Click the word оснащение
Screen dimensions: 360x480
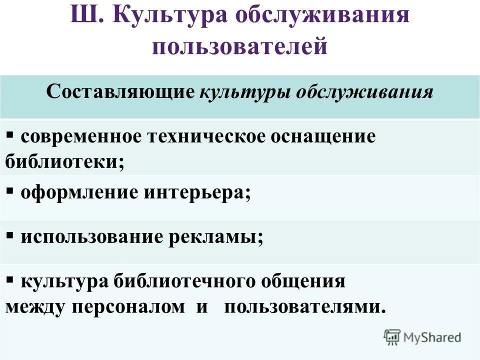(x=323, y=137)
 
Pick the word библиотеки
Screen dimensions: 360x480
(x=64, y=161)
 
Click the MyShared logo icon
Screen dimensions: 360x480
(x=392, y=337)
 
